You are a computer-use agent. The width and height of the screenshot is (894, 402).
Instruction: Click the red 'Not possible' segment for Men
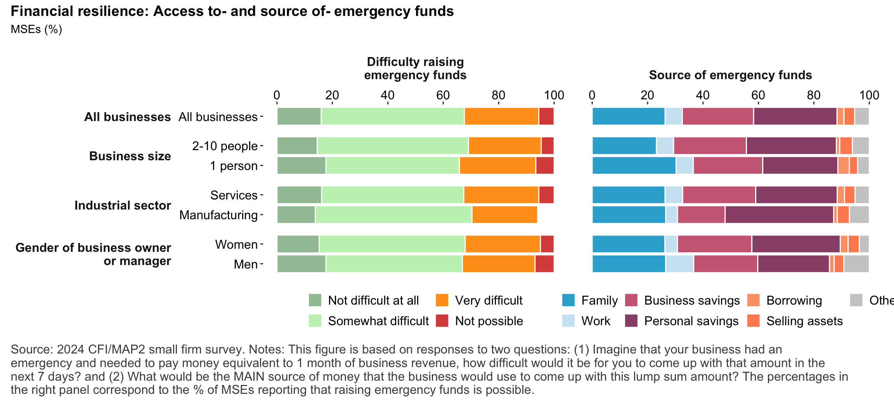(x=544, y=264)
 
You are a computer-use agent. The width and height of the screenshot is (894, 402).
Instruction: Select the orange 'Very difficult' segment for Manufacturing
(x=504, y=215)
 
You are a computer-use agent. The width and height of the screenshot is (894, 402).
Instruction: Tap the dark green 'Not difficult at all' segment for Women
(x=298, y=244)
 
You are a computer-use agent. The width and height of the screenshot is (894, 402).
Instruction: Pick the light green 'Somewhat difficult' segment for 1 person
(x=392, y=165)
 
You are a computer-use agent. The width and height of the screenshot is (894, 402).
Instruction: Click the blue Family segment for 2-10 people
(x=624, y=146)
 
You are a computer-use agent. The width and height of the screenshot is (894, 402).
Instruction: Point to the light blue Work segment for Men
(x=679, y=264)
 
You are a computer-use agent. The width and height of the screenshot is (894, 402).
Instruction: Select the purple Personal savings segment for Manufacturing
(x=779, y=215)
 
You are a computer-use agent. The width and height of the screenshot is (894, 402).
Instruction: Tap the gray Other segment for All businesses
(x=861, y=116)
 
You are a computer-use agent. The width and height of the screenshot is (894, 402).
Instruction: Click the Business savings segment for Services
(x=719, y=195)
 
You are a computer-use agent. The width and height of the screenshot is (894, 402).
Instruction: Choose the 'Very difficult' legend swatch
(x=442, y=300)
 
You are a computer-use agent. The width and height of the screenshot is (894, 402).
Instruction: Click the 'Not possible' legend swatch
(x=442, y=321)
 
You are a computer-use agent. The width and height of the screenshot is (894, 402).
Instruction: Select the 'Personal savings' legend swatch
(x=631, y=321)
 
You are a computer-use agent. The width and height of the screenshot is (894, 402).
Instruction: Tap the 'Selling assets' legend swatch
(x=753, y=321)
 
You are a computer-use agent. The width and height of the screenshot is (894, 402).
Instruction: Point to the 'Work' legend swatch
(x=568, y=321)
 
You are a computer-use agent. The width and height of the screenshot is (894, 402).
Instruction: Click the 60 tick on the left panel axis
(x=443, y=95)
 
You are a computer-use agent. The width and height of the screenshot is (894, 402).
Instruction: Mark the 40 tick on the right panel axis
(x=703, y=95)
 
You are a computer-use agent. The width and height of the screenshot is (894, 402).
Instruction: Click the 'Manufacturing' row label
(x=218, y=215)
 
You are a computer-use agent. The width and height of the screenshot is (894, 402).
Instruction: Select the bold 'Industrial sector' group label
(x=123, y=205)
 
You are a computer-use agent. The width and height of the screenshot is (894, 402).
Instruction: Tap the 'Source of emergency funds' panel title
(x=730, y=75)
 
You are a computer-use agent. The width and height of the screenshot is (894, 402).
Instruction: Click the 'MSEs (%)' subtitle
(x=36, y=29)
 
